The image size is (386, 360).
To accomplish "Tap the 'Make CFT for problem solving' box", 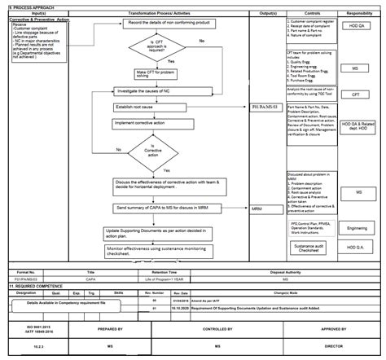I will click(157, 74).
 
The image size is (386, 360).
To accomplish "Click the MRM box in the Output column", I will click(260, 209).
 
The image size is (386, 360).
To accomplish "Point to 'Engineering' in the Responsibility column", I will click(358, 229).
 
